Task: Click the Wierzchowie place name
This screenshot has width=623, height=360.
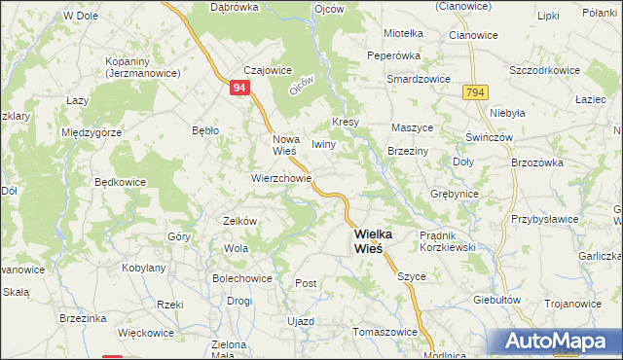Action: point(281,179)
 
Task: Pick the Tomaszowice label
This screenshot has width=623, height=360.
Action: point(384,331)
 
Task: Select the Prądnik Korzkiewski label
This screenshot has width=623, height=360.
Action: point(446,242)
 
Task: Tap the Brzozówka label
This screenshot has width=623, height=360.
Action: point(537,162)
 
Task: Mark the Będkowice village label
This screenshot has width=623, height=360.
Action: point(121,182)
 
